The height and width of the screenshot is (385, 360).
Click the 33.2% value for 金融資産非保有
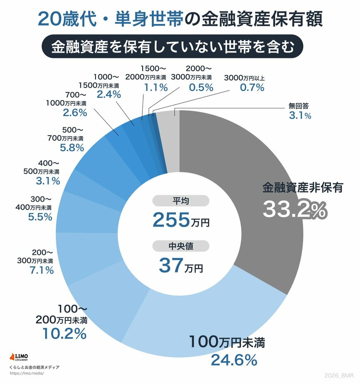(295, 210)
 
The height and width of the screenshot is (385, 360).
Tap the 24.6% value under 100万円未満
(234, 360)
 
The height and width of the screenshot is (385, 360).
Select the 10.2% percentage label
(64, 333)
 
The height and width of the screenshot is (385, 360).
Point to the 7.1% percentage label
(41, 270)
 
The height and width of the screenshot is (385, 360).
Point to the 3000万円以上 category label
(250, 77)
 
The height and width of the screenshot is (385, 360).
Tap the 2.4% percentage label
(108, 94)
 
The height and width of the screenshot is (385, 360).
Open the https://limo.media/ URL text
(26, 373)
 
